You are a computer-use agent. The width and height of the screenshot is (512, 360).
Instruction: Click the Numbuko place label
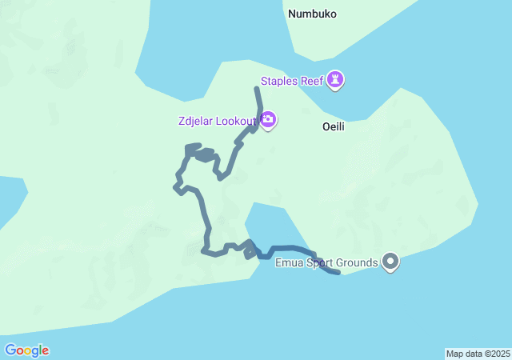coord(312,14)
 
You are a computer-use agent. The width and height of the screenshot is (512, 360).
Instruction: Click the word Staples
coord(280,81)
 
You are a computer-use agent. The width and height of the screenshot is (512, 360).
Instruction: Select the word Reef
coord(314,81)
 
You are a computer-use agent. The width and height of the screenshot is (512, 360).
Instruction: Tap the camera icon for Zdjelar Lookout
coord(268,121)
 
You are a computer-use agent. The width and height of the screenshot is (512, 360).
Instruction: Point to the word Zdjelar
coord(198,122)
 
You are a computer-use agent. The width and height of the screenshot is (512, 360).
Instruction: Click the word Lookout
coord(238,122)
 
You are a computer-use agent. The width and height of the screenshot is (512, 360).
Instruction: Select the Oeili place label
coord(333,126)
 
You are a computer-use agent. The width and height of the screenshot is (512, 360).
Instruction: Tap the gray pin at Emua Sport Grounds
coord(390,261)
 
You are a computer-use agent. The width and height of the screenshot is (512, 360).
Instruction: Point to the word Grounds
coord(358,262)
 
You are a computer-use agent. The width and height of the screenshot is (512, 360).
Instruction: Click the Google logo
coord(27,350)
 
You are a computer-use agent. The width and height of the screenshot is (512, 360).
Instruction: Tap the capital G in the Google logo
coord(10,350)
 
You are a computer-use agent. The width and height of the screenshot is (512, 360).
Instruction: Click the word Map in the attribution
coord(454,354)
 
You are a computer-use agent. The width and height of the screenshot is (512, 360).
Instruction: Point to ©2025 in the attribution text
coord(497,354)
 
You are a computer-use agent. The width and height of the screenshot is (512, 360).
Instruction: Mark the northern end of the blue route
coord(257,88)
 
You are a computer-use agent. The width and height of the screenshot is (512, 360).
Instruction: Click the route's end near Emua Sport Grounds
coord(338,273)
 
